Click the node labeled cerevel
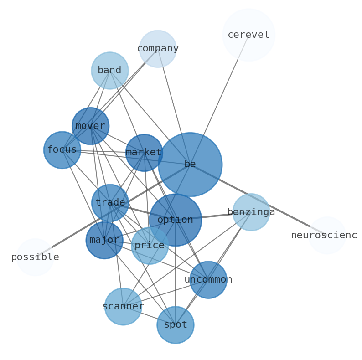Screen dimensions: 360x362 click(x=248, y=35)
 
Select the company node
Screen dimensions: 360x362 click(x=158, y=49)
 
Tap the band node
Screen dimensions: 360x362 click(x=110, y=71)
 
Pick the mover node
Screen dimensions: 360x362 click(x=90, y=126)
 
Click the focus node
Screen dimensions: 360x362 click(x=62, y=150)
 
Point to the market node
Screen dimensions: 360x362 click(x=144, y=153)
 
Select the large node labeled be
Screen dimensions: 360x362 click(x=190, y=165)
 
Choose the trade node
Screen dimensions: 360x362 click(x=110, y=203)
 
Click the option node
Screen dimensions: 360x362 click(x=176, y=220)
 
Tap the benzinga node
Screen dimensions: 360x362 click(x=251, y=212)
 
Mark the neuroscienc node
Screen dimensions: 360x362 click(x=327, y=236)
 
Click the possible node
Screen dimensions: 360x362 click(x=35, y=257)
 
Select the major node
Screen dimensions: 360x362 click(x=104, y=240)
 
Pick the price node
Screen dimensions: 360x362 click(x=150, y=246)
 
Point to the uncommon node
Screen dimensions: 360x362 click(x=208, y=280)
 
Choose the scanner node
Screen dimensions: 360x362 click(x=123, y=307)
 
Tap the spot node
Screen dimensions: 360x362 click(x=176, y=325)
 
